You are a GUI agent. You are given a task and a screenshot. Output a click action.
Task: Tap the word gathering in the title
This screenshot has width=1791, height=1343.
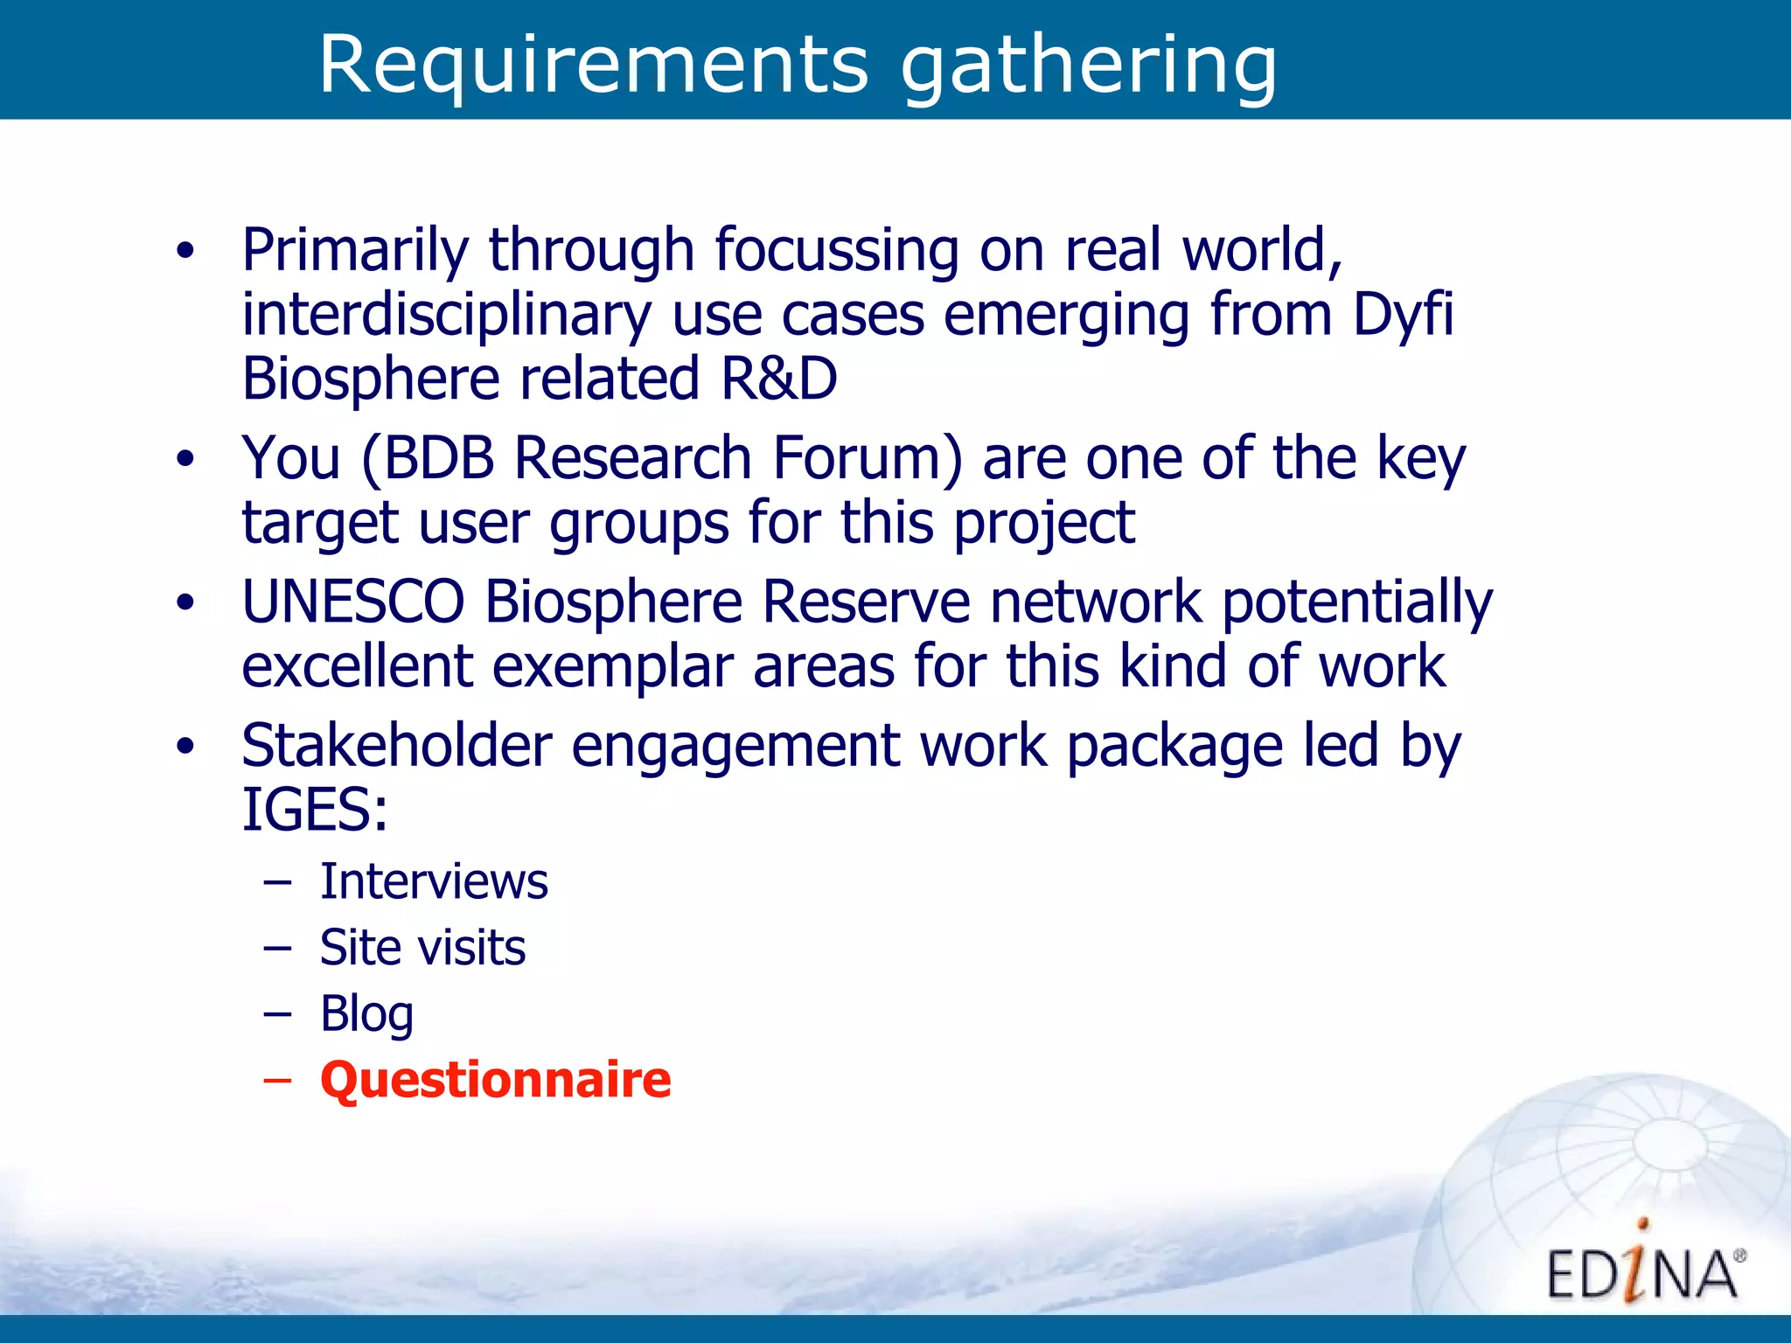tap(1089, 66)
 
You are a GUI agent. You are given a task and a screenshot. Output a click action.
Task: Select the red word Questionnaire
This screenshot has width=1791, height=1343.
tap(496, 1079)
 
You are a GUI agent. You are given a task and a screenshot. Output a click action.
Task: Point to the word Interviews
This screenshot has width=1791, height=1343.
tap(434, 880)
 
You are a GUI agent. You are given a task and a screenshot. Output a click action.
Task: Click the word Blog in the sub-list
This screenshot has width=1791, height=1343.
tap(366, 1014)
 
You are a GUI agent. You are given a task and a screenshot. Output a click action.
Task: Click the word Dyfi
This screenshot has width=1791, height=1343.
tap(1403, 315)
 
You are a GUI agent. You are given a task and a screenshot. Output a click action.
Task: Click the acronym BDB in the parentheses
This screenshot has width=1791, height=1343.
tap(439, 458)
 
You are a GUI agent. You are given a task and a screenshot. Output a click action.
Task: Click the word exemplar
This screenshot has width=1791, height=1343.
tap(612, 667)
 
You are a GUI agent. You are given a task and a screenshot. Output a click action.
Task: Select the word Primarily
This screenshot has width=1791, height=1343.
tap(355, 250)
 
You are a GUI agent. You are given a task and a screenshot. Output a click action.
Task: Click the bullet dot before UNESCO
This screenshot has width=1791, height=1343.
tap(185, 602)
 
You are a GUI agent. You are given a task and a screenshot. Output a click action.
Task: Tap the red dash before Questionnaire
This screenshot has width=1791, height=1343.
tap(277, 1081)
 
